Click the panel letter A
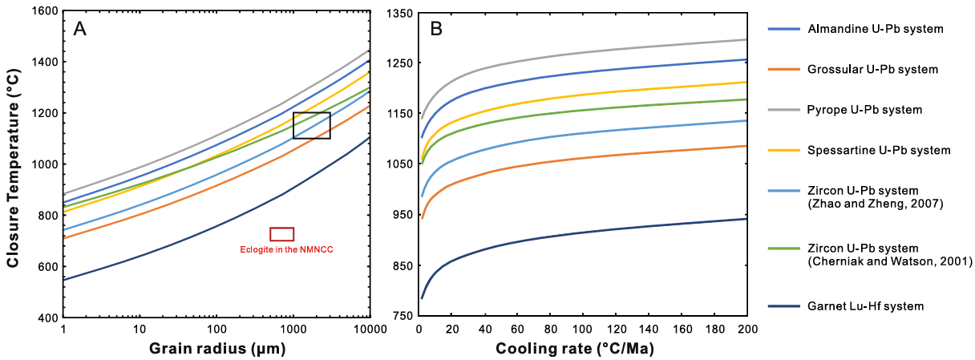(x=80, y=30)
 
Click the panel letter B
(x=436, y=30)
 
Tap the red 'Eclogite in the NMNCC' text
(x=286, y=249)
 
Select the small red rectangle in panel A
(x=281, y=234)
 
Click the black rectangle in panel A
(x=311, y=125)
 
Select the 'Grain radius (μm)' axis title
(x=216, y=350)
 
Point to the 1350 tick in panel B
(x=397, y=13)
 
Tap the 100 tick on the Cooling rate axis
(x=583, y=330)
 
